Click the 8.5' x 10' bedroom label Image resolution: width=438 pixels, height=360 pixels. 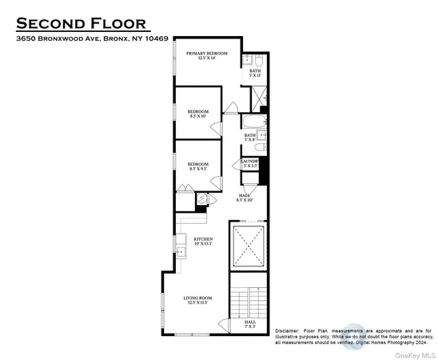tap(198, 113)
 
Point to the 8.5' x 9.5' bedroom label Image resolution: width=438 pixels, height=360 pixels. tap(198, 166)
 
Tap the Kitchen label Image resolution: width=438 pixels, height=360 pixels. tap(203, 242)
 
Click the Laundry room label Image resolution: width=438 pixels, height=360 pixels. tap(249, 163)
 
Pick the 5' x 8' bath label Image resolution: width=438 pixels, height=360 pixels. tap(250, 138)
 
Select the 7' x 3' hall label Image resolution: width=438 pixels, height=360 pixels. tap(250, 324)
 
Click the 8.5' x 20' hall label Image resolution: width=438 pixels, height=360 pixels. tap(245, 198)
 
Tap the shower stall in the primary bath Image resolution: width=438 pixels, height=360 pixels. tap(261, 98)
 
